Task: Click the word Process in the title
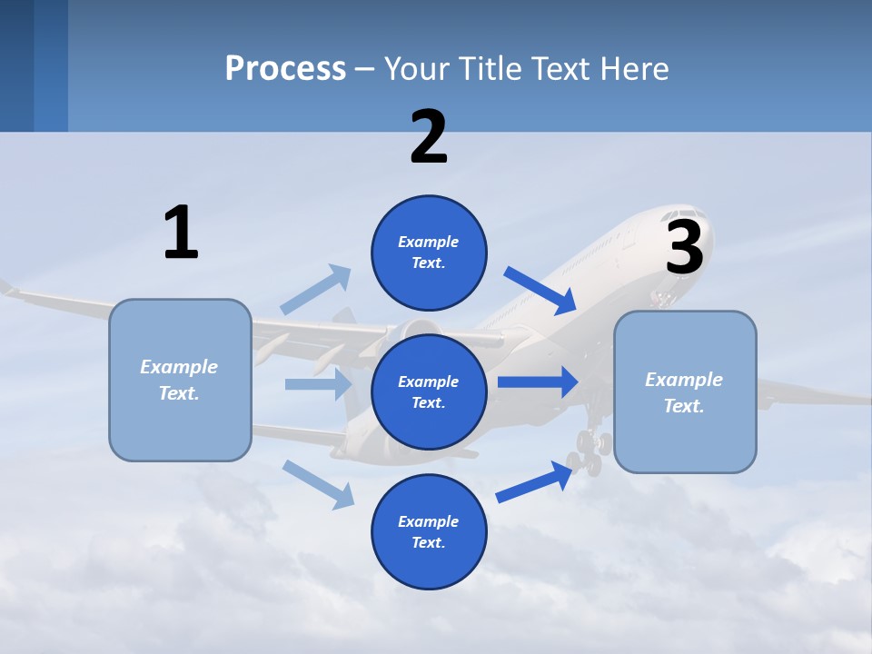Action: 285,69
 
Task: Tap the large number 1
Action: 181,233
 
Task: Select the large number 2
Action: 429,137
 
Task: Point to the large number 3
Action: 685,247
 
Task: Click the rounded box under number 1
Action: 180,380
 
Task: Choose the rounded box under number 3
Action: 685,392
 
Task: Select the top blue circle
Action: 429,253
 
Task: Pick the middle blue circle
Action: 429,391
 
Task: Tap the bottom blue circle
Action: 429,531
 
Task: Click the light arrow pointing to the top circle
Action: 316,289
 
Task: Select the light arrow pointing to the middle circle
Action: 318,384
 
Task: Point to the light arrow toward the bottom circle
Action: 318,483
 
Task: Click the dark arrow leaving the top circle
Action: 540,290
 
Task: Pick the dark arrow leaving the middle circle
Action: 538,382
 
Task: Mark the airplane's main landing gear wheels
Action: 589,451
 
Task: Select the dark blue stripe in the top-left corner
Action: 16,65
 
